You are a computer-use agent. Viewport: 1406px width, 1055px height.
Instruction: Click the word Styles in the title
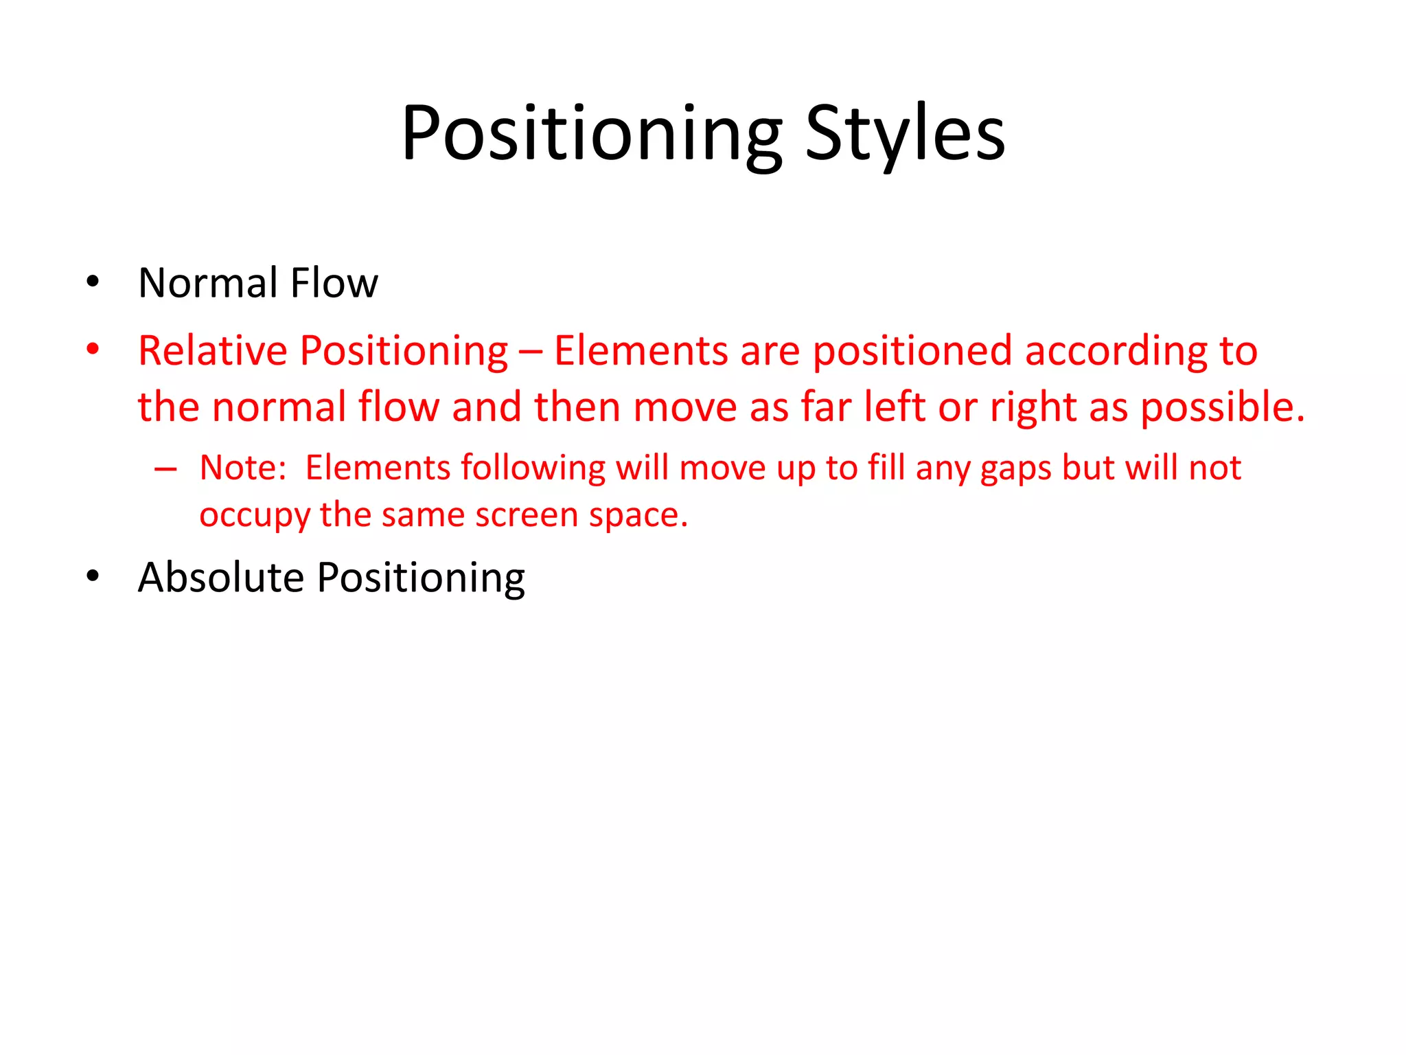coord(904,134)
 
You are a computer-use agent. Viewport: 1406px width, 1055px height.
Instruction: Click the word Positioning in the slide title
coord(591,134)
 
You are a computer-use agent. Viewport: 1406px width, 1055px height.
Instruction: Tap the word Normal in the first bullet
coord(207,283)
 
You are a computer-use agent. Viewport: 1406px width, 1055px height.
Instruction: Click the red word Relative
coord(212,351)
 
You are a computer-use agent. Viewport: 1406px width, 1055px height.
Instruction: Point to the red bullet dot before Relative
coord(93,349)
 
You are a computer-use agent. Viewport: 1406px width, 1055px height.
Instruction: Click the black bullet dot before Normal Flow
coord(93,281)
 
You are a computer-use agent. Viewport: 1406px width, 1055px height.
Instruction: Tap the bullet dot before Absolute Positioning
coord(93,576)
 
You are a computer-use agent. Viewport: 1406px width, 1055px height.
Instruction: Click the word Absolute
coord(220,577)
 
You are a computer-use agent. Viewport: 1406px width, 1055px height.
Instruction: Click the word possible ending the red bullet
coord(1222,408)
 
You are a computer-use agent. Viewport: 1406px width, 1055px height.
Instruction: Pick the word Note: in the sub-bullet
coord(242,468)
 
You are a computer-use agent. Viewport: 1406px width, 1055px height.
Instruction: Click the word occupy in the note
coord(253,516)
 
